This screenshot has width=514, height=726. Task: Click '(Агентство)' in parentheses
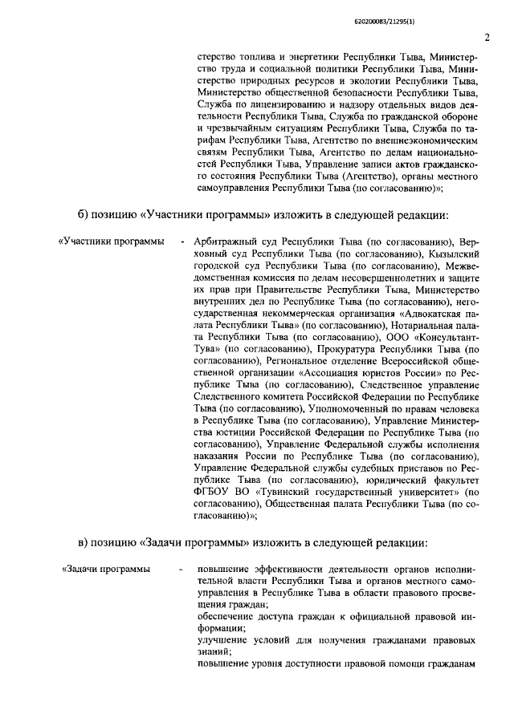[348, 176]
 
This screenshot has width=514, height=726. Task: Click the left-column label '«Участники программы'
[108, 241]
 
